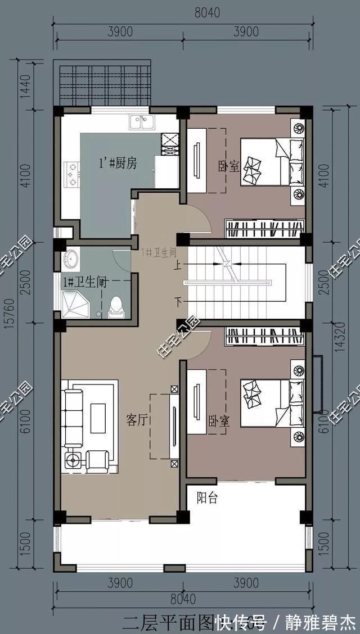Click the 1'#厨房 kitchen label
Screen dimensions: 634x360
pyautogui.click(x=118, y=164)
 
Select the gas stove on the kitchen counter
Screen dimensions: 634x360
pyautogui.click(x=71, y=174)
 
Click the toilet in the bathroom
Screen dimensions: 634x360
pyautogui.click(x=115, y=306)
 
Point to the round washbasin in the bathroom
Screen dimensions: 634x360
pyautogui.click(x=71, y=260)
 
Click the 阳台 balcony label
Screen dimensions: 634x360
pyautogui.click(x=207, y=498)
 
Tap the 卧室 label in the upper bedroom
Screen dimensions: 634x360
pyautogui.click(x=229, y=167)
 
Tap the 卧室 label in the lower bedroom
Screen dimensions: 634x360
pyautogui.click(x=219, y=422)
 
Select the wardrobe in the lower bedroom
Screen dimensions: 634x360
pyautogui.click(x=265, y=336)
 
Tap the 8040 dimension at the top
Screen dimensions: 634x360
pyautogui.click(x=183, y=12)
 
